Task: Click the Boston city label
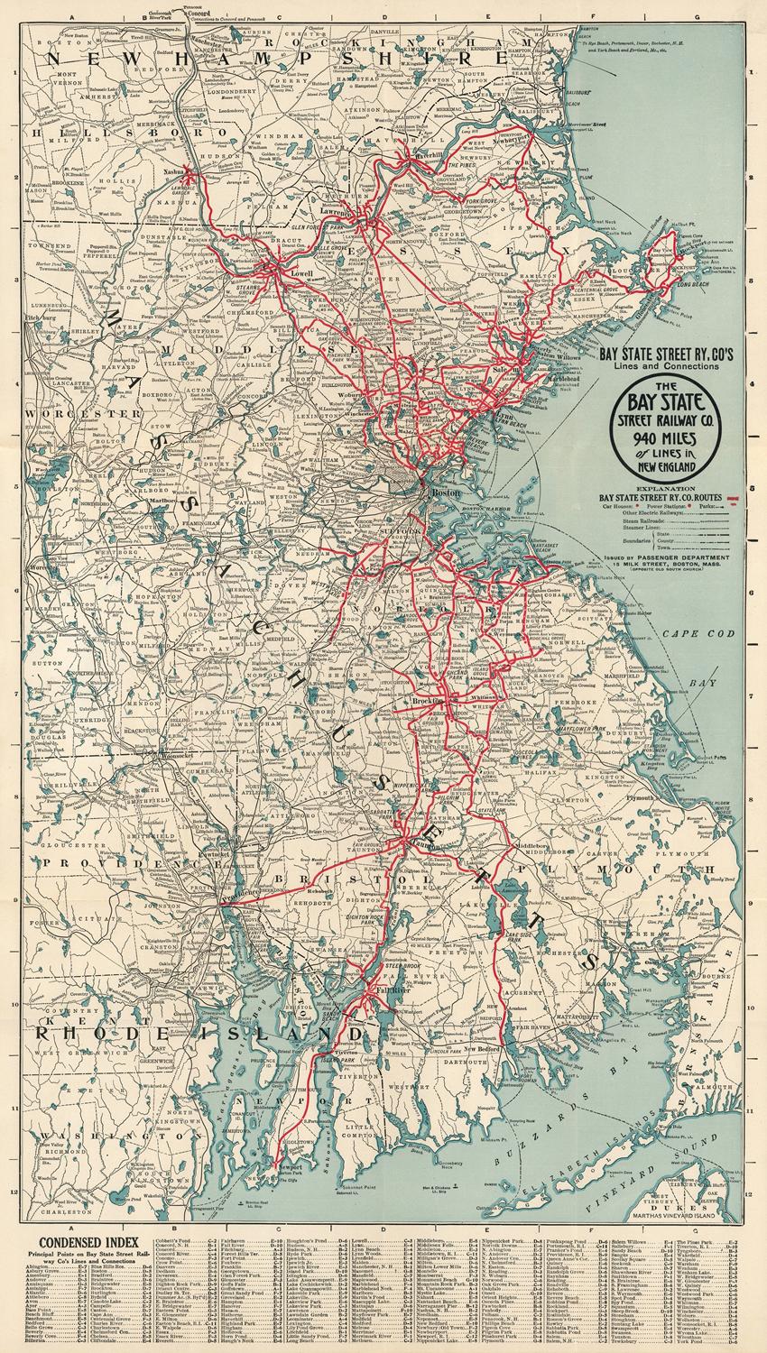tap(447, 494)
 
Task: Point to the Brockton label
tap(426, 700)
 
